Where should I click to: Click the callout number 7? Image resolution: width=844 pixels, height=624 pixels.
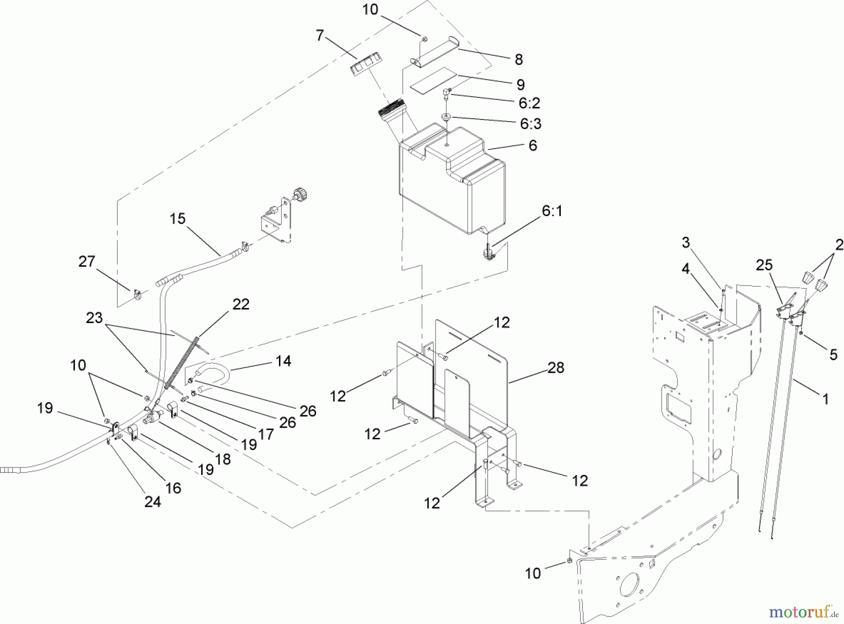(x=320, y=36)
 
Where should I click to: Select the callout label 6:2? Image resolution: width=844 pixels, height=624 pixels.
(x=529, y=102)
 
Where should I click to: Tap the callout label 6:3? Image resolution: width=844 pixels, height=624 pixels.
(x=530, y=124)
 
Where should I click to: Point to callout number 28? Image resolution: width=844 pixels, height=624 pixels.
(x=556, y=368)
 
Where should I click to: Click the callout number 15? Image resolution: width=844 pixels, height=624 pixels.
(x=178, y=219)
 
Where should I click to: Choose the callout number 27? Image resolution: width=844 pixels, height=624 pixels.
(x=87, y=262)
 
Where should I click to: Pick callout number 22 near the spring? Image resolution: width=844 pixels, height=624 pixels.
(x=241, y=304)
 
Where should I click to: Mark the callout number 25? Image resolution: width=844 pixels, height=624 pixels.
(x=764, y=265)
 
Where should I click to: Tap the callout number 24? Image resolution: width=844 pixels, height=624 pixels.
(x=153, y=502)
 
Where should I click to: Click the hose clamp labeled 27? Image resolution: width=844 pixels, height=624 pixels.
(x=136, y=294)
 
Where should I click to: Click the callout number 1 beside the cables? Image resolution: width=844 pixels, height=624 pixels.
(x=826, y=399)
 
